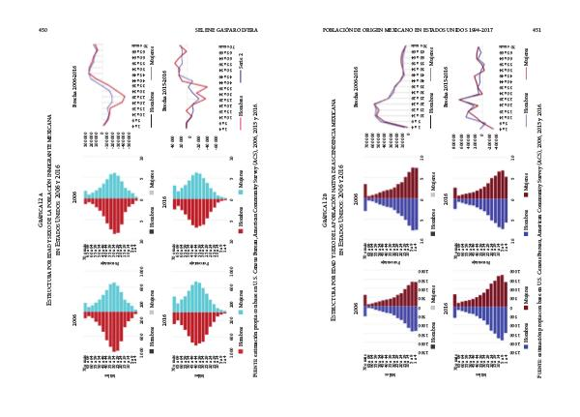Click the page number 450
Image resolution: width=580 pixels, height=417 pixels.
[43, 30]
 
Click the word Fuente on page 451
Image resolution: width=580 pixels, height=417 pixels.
[535, 372]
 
